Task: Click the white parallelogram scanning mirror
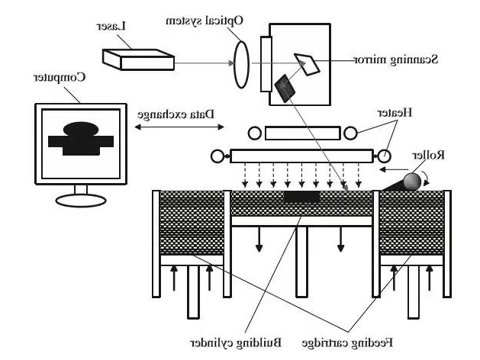click(x=309, y=63)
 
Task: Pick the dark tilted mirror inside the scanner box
click(x=285, y=88)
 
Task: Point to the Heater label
click(x=397, y=112)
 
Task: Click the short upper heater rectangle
click(x=304, y=133)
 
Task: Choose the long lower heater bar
click(x=302, y=156)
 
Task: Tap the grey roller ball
click(x=413, y=182)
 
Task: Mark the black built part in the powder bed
click(x=301, y=198)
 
